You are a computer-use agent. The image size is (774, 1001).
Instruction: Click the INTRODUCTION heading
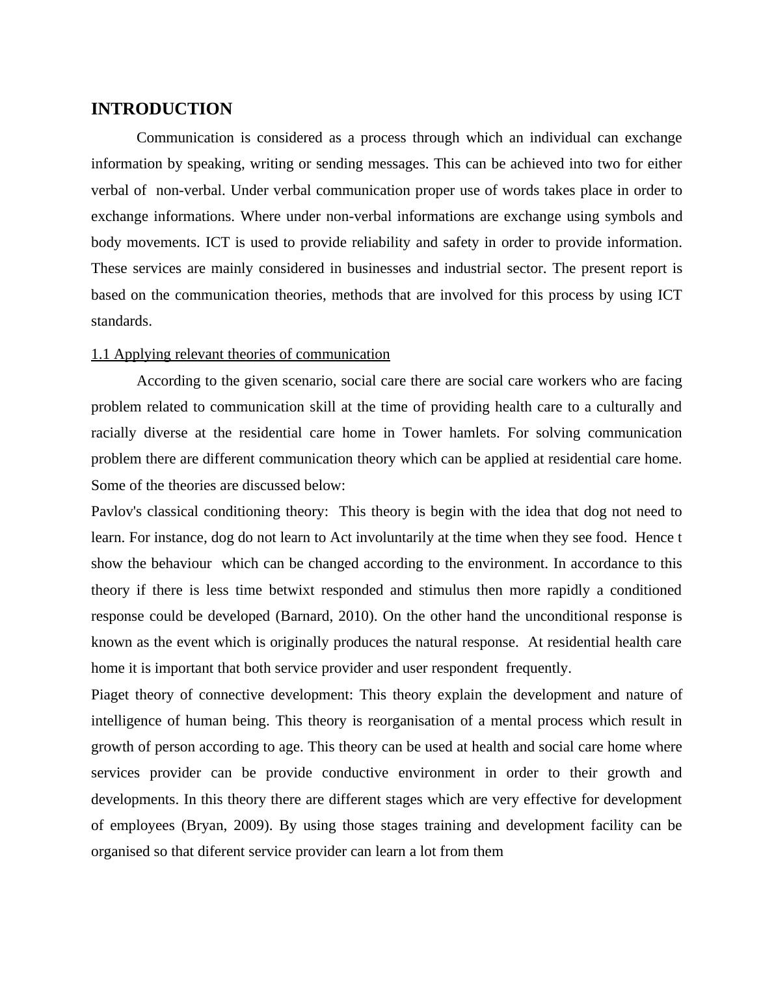pos(161,109)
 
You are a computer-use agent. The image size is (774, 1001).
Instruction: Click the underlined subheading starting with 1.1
pos(240,354)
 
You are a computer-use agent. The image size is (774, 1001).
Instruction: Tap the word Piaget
pos(110,695)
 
